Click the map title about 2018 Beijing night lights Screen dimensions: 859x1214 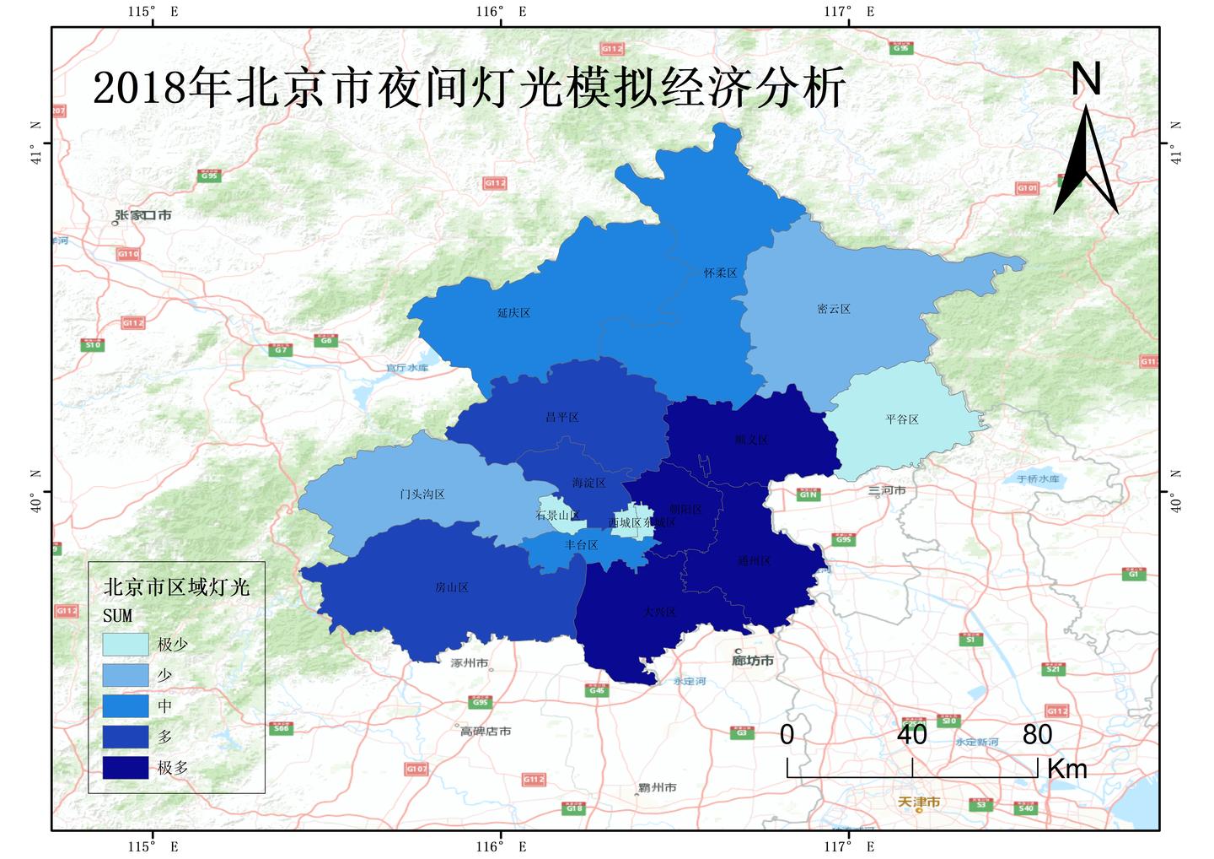(469, 87)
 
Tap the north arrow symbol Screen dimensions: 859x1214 (1086, 160)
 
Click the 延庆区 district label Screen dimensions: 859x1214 (513, 313)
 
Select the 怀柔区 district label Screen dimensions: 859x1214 (720, 273)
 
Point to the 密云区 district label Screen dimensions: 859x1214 (833, 310)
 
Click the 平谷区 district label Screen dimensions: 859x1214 (901, 419)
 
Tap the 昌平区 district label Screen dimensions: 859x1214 (561, 418)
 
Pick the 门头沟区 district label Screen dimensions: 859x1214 (422, 494)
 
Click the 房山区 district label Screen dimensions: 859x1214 (451, 587)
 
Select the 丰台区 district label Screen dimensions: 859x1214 (581, 545)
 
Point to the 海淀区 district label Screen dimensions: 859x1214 (588, 484)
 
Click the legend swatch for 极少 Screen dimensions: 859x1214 (126, 645)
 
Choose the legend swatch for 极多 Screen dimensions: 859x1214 (126, 768)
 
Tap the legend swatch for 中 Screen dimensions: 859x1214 (126, 706)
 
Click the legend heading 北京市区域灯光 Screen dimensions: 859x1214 (176, 587)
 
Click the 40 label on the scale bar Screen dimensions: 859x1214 (912, 735)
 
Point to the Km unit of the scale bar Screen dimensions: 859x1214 (1066, 769)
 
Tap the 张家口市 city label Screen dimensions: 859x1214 (143, 216)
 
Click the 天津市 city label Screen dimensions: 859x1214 (918, 802)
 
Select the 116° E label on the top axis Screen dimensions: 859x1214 (501, 12)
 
